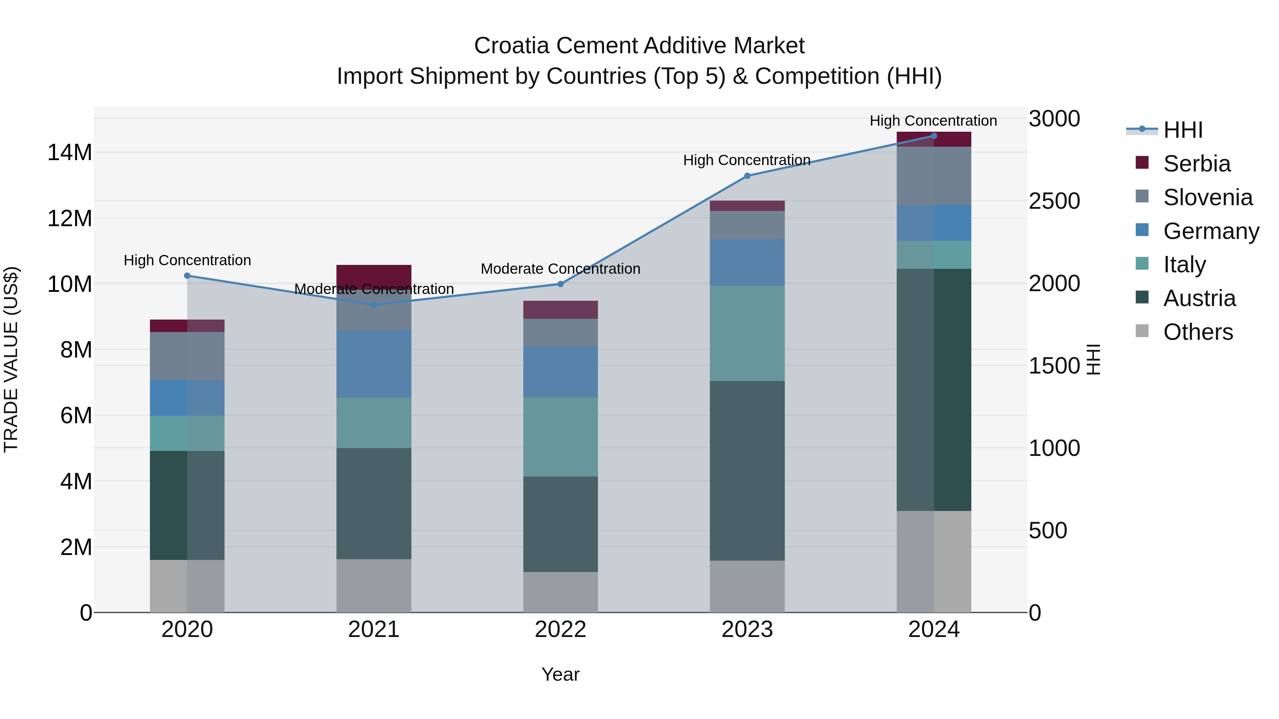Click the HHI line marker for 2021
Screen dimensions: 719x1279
pyautogui.click(x=374, y=305)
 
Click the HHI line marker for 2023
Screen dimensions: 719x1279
pyautogui.click(x=747, y=176)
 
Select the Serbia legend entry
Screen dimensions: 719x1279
pyautogui.click(x=1197, y=164)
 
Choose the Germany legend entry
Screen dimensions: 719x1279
pyautogui.click(x=1210, y=231)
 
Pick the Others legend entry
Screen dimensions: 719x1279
pyautogui.click(x=1198, y=332)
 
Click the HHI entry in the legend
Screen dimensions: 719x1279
pyautogui.click(x=1183, y=130)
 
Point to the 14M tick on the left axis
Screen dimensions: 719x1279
pyautogui.click(x=70, y=152)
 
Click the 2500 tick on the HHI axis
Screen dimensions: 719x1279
pyautogui.click(x=1054, y=201)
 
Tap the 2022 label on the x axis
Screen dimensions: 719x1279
pyautogui.click(x=561, y=630)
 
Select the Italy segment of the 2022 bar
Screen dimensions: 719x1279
pyautogui.click(x=561, y=437)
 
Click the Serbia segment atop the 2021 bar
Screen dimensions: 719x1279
pyautogui.click(x=374, y=274)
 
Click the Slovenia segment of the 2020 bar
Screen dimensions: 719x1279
pyautogui.click(x=187, y=356)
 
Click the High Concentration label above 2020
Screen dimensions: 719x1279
pyautogui.click(x=187, y=261)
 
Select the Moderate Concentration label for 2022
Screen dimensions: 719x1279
pyautogui.click(x=561, y=269)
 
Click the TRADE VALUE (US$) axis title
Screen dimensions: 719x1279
pyautogui.click(x=11, y=359)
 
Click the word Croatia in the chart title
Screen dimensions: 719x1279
pyautogui.click(x=511, y=46)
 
